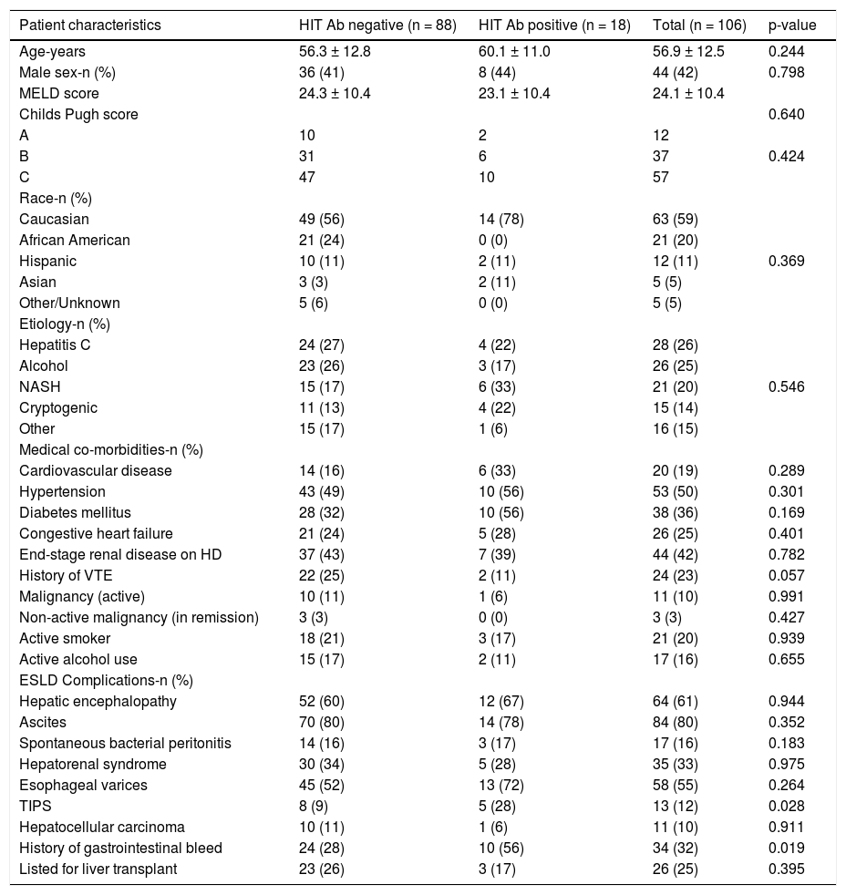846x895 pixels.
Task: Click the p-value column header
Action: click(x=792, y=25)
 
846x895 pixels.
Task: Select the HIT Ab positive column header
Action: click(x=554, y=25)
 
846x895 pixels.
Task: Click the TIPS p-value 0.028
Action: click(x=787, y=806)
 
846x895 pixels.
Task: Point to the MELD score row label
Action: click(x=59, y=93)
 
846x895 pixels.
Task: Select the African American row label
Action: click(x=75, y=240)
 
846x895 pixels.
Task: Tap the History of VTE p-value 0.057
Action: click(x=787, y=575)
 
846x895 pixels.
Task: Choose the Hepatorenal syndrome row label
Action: click(x=93, y=764)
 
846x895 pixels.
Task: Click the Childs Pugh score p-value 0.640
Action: click(x=787, y=114)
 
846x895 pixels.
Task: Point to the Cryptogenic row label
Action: click(x=58, y=407)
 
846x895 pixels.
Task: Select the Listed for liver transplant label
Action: click(x=98, y=869)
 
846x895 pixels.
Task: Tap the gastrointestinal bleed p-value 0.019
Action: click(x=787, y=848)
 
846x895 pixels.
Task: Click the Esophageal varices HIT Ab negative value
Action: click(x=322, y=785)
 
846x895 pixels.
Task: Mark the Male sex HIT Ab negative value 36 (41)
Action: click(x=322, y=72)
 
